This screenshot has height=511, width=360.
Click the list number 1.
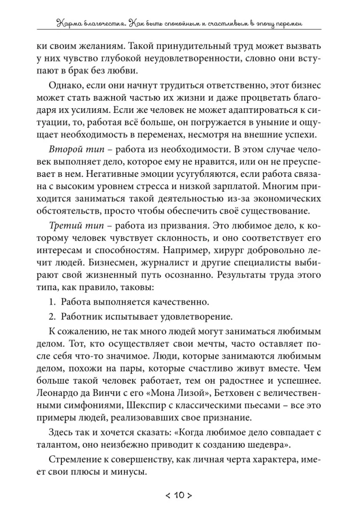coord(53,301)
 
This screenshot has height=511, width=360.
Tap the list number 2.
coord(53,314)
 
